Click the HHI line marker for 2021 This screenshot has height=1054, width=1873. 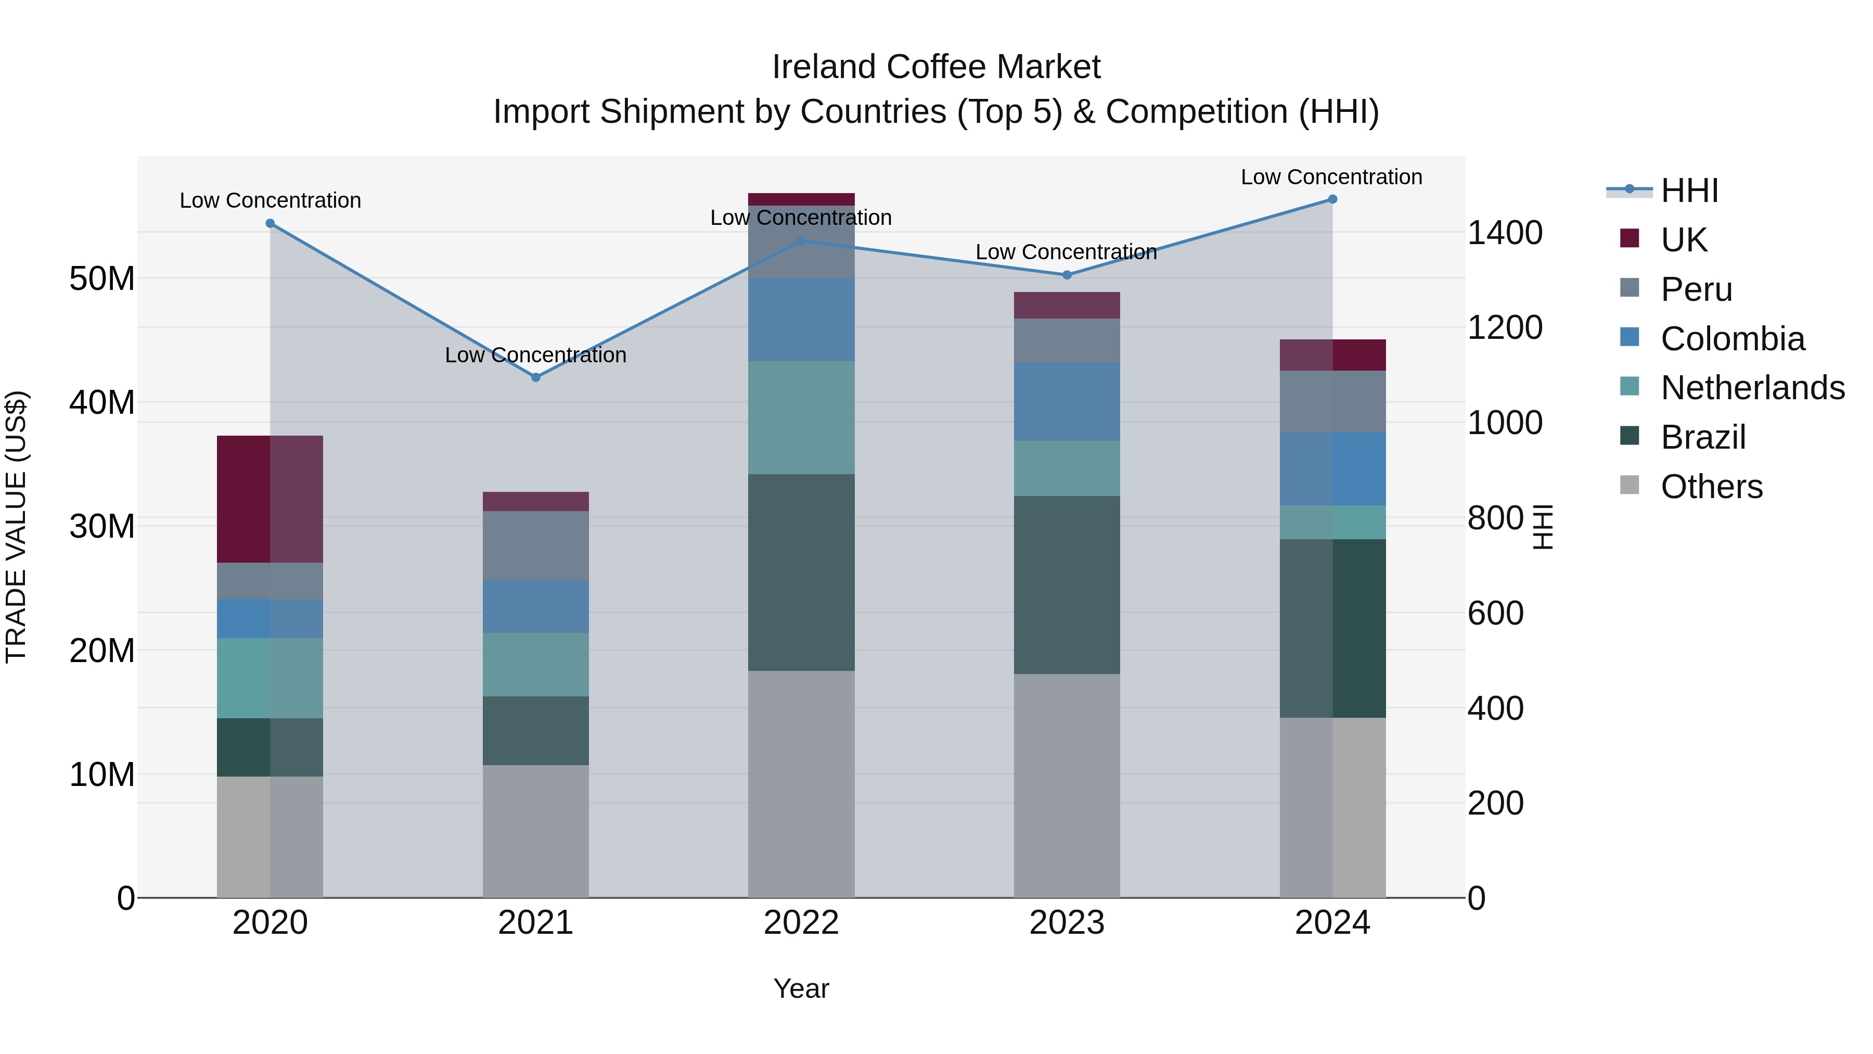tap(536, 377)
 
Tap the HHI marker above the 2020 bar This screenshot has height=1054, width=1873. tap(271, 223)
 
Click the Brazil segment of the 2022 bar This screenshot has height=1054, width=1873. tap(801, 573)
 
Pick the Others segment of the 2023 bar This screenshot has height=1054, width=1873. tap(1067, 785)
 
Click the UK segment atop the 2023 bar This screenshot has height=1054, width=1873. tap(1067, 306)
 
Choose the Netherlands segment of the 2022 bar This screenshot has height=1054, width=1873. tap(801, 417)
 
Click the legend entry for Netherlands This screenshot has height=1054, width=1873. tap(1752, 388)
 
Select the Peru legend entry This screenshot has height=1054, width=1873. tap(1696, 289)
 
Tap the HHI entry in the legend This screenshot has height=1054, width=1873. tap(1689, 191)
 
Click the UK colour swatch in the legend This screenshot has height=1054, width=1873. tap(1630, 238)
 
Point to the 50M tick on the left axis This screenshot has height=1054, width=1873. tap(102, 278)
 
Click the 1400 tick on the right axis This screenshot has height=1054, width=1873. tap(1504, 233)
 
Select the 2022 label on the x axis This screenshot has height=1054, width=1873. tap(801, 923)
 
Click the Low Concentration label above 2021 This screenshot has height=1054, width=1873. tap(536, 355)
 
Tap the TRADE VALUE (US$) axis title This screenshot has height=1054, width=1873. tap(17, 527)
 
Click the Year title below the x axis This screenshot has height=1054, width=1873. tap(801, 988)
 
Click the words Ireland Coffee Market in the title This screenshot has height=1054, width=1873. tap(936, 67)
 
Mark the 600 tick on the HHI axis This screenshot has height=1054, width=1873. tap(1495, 613)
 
